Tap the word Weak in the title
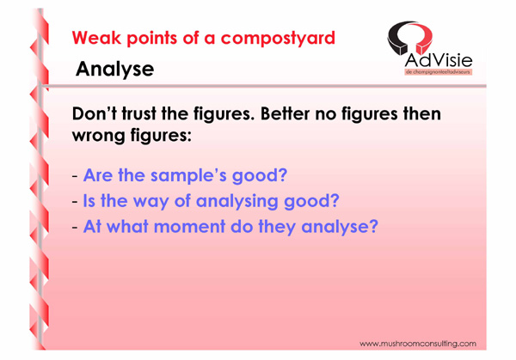(x=96, y=38)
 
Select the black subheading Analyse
(x=115, y=70)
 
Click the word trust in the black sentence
(x=138, y=113)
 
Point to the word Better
(x=285, y=113)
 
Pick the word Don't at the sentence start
(x=95, y=113)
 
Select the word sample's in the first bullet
(x=188, y=175)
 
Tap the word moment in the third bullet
(x=189, y=227)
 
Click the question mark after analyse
(x=373, y=226)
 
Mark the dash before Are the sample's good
(x=75, y=176)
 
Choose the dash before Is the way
(x=75, y=202)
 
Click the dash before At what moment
(x=75, y=227)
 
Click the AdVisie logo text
(x=439, y=60)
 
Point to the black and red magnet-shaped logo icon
(x=410, y=37)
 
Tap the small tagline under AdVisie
(x=438, y=71)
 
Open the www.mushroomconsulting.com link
(x=418, y=344)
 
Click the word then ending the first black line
(x=422, y=113)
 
